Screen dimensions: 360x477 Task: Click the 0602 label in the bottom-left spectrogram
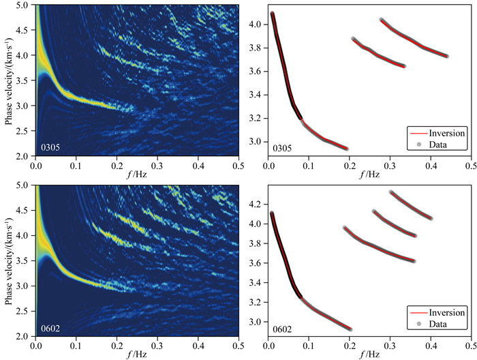[48, 328]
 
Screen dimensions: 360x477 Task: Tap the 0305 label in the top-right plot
[281, 147]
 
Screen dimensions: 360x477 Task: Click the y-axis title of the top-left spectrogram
[9, 80]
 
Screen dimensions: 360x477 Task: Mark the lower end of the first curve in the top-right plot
[346, 149]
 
